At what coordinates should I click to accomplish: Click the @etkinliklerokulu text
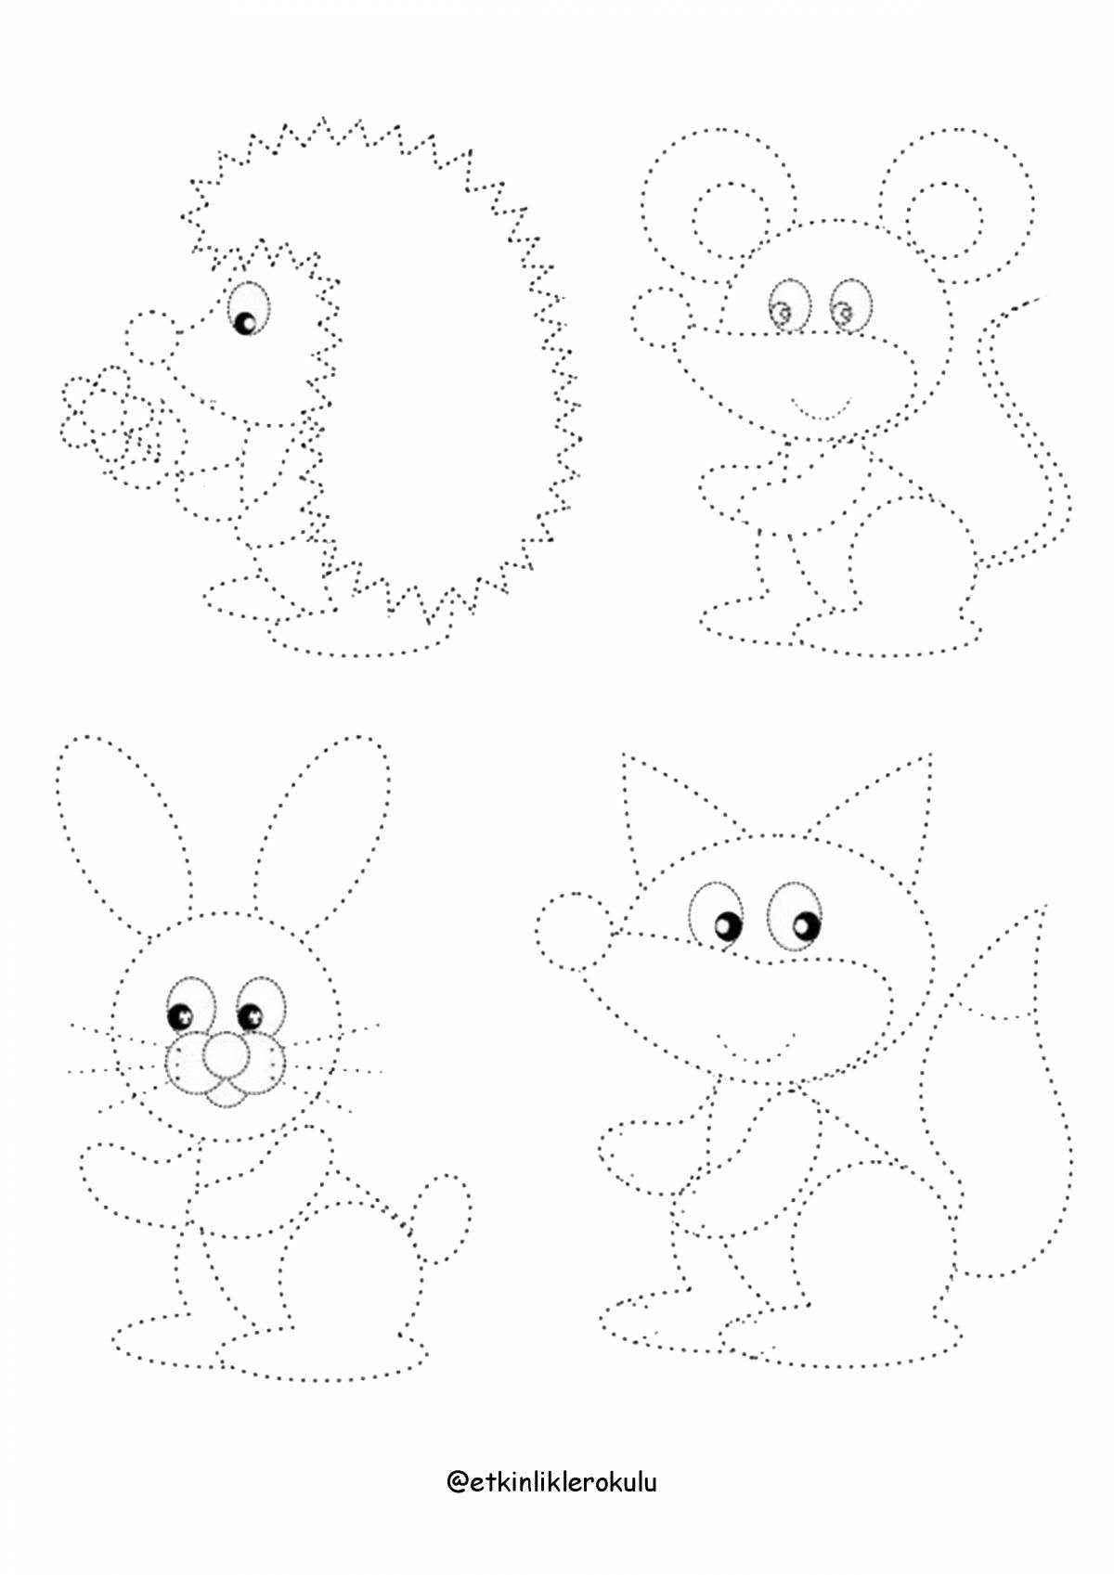551,1481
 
